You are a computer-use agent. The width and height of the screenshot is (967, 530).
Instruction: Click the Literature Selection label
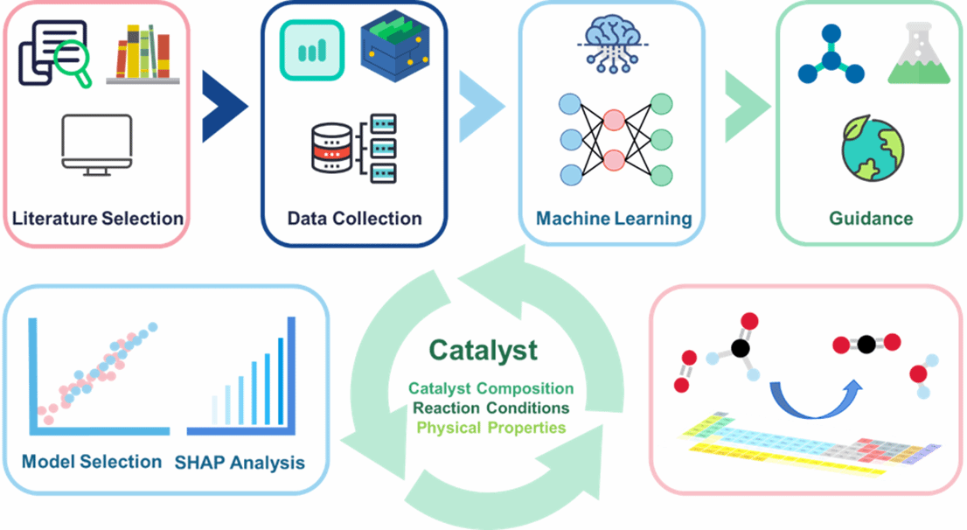tap(97, 218)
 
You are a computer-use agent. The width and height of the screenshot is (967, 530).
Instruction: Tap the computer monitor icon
tap(96, 143)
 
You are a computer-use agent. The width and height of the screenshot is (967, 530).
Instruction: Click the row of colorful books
tap(142, 54)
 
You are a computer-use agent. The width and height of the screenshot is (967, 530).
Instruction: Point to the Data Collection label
tap(354, 218)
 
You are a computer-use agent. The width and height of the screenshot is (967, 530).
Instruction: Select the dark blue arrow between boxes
tap(224, 106)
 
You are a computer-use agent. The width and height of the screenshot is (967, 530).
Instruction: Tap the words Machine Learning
tap(614, 218)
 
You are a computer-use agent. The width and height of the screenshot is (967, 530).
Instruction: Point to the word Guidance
tap(871, 218)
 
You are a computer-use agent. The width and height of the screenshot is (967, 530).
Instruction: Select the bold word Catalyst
tap(483, 351)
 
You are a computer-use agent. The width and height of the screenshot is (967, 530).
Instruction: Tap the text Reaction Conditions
tap(491, 408)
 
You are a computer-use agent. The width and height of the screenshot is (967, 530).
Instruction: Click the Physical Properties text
tap(490, 428)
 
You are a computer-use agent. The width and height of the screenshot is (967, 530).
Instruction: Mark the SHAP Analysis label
tap(240, 462)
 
